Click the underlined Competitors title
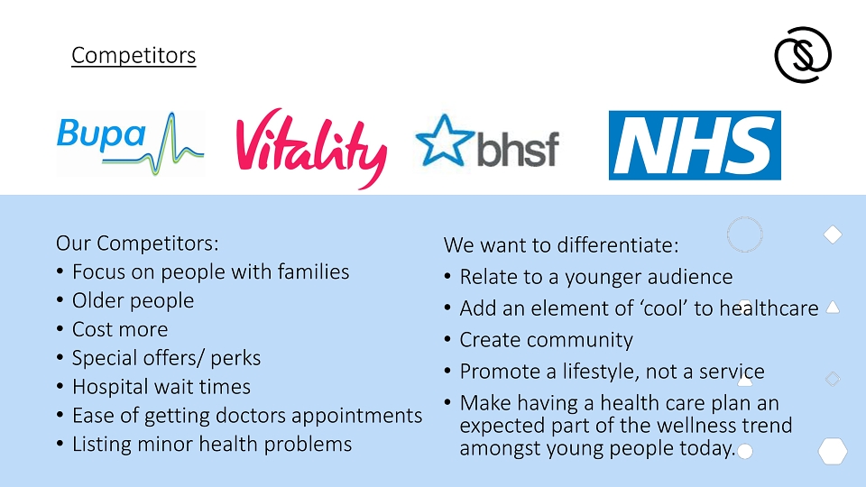click(x=134, y=55)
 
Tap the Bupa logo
click(x=130, y=143)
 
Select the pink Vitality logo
click(x=311, y=148)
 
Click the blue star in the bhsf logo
click(x=445, y=141)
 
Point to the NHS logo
click(x=695, y=145)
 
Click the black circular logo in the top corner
click(x=803, y=55)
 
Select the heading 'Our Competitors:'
click(x=137, y=243)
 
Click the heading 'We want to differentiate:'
click(x=561, y=245)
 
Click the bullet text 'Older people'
click(x=134, y=301)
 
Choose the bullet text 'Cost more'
click(x=120, y=330)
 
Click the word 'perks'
click(x=235, y=359)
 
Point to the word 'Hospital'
click(x=107, y=387)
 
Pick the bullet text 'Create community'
click(x=547, y=340)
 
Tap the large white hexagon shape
click(x=833, y=451)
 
